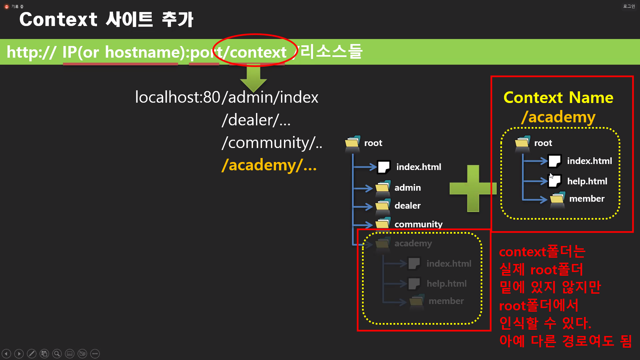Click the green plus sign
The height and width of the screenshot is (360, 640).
click(x=473, y=188)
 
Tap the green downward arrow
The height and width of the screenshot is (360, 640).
click(x=253, y=79)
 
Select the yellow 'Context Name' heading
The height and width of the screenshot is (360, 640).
click(x=558, y=98)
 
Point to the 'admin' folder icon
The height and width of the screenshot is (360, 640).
click(x=383, y=188)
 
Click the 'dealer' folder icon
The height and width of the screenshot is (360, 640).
click(x=383, y=206)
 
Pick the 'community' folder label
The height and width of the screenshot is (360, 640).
click(x=418, y=224)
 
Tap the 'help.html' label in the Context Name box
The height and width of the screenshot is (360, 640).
click(x=587, y=181)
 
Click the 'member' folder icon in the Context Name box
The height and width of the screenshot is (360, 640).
click(x=557, y=199)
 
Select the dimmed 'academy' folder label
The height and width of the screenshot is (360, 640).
click(x=413, y=243)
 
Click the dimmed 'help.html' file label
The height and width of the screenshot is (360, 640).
click(x=446, y=284)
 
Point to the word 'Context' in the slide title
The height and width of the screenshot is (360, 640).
click(x=58, y=19)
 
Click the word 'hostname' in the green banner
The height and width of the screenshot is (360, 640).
click(x=145, y=52)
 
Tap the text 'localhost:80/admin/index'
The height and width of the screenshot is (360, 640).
click(x=227, y=97)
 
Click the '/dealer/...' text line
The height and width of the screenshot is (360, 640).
click(x=256, y=120)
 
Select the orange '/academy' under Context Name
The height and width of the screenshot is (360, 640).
click(x=558, y=117)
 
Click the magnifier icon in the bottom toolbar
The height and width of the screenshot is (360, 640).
click(x=57, y=354)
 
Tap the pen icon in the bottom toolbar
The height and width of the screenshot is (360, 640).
click(x=32, y=354)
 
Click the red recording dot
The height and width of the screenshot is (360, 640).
click(x=7, y=7)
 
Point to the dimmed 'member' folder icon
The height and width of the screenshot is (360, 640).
click(x=417, y=301)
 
